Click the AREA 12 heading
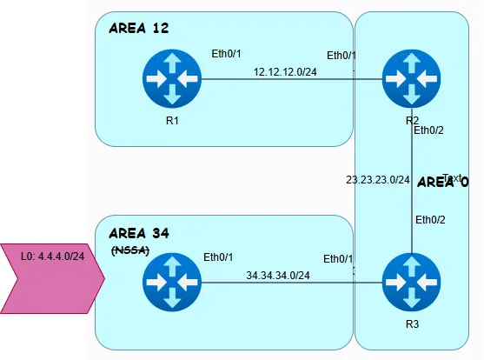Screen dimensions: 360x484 [138, 29]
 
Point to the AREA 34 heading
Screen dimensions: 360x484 [138, 233]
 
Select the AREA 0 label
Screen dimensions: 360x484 [443, 183]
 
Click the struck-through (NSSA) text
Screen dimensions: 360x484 [131, 250]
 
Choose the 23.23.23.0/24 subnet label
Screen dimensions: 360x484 [377, 180]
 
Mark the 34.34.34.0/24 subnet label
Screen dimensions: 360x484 [278, 275]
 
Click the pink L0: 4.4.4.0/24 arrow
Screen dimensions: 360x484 [50, 277]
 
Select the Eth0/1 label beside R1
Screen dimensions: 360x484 [227, 54]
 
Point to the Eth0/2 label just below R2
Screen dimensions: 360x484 [428, 130]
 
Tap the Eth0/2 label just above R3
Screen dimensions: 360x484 [430, 219]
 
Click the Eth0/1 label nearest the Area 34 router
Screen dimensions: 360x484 [218, 257]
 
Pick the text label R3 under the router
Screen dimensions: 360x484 [410, 323]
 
